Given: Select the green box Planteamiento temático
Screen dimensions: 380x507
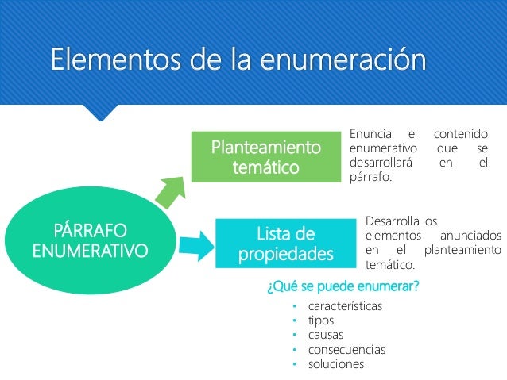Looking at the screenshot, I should [265, 157].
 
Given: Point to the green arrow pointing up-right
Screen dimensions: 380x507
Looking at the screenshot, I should [168, 191].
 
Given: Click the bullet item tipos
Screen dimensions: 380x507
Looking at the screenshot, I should [322, 321].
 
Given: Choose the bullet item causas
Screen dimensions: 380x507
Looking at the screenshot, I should [327, 335].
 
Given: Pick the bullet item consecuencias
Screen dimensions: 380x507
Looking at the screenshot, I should [347, 349].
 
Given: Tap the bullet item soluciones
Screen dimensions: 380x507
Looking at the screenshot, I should [336, 364].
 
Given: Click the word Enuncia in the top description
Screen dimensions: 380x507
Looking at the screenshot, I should [370, 136].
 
